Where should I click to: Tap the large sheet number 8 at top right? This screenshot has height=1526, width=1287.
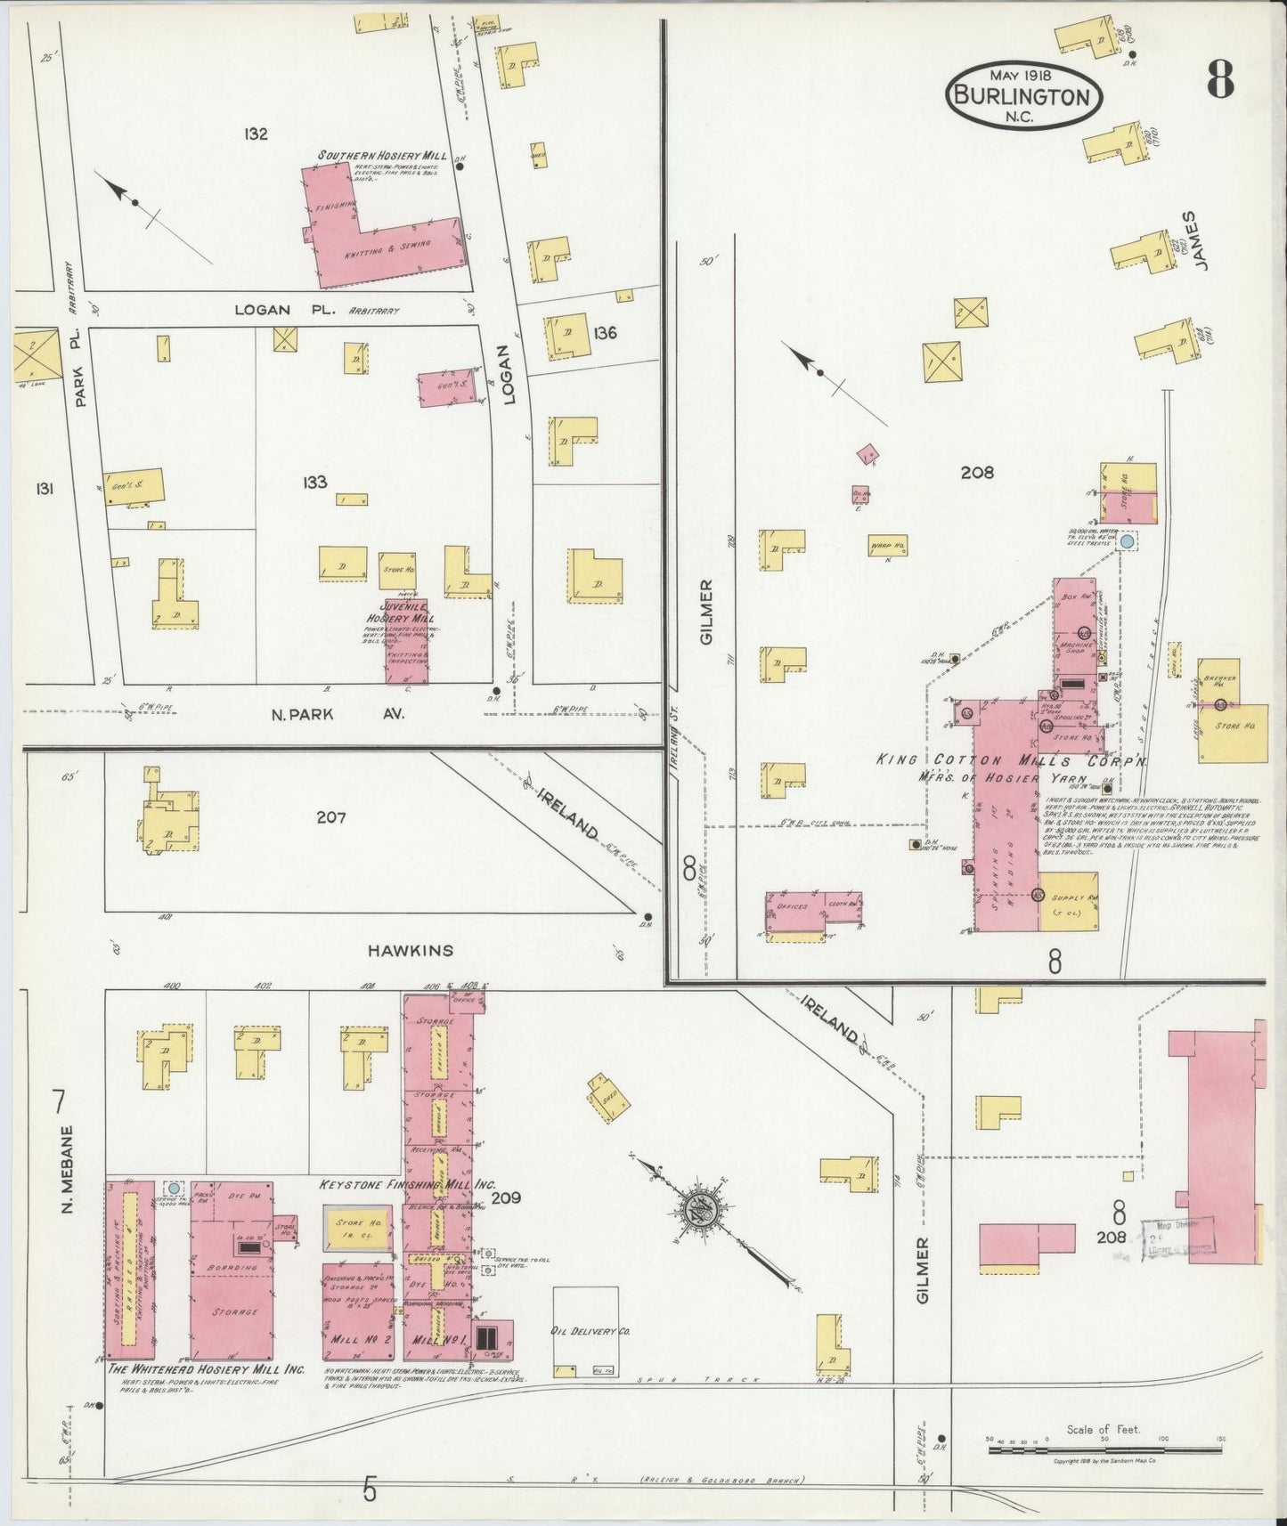[1220, 81]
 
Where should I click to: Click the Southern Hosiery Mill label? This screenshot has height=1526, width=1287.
[381, 156]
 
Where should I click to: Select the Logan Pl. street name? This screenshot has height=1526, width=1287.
[263, 310]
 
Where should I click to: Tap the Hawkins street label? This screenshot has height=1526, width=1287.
[411, 950]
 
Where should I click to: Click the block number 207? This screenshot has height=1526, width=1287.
[330, 817]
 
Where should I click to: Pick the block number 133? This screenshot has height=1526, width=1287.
[314, 482]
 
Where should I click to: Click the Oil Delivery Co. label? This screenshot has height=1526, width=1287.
[591, 1332]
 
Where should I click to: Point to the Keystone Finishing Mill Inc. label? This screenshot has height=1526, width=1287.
[407, 1186]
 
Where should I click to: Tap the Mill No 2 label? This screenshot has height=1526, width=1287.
[357, 1338]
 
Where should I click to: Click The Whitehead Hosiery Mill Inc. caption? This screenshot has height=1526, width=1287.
[206, 1369]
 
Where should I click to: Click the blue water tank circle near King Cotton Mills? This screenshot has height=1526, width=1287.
[1128, 540]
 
